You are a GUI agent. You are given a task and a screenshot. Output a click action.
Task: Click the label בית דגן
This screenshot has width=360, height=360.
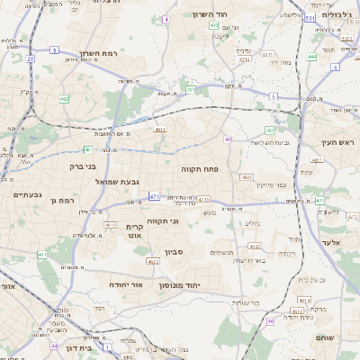tap(78, 346)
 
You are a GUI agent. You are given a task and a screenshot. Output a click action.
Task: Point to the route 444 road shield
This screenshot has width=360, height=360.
tap(311, 57)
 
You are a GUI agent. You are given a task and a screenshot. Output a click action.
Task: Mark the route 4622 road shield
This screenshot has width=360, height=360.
tap(153, 261)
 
